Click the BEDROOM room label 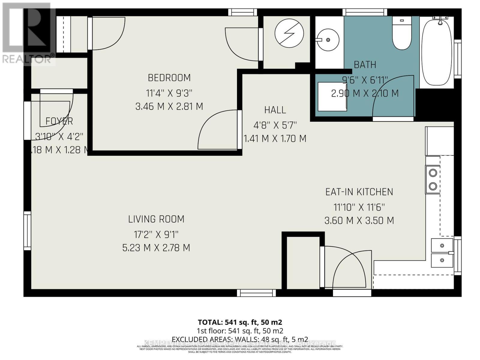tap(169, 78)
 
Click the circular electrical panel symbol tap(289, 33)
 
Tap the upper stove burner tap(433, 173)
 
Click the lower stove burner tap(433, 186)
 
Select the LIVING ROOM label tap(156, 219)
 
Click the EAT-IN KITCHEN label tap(359, 192)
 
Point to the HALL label tap(275, 110)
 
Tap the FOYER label tap(59, 121)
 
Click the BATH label tap(365, 65)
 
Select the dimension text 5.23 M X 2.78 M tap(156, 248)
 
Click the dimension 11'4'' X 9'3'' tap(169, 93)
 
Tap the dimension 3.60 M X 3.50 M tap(359, 221)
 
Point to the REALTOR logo tap(28, 33)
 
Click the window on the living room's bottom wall tap(256, 293)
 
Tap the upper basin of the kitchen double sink tap(442, 246)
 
